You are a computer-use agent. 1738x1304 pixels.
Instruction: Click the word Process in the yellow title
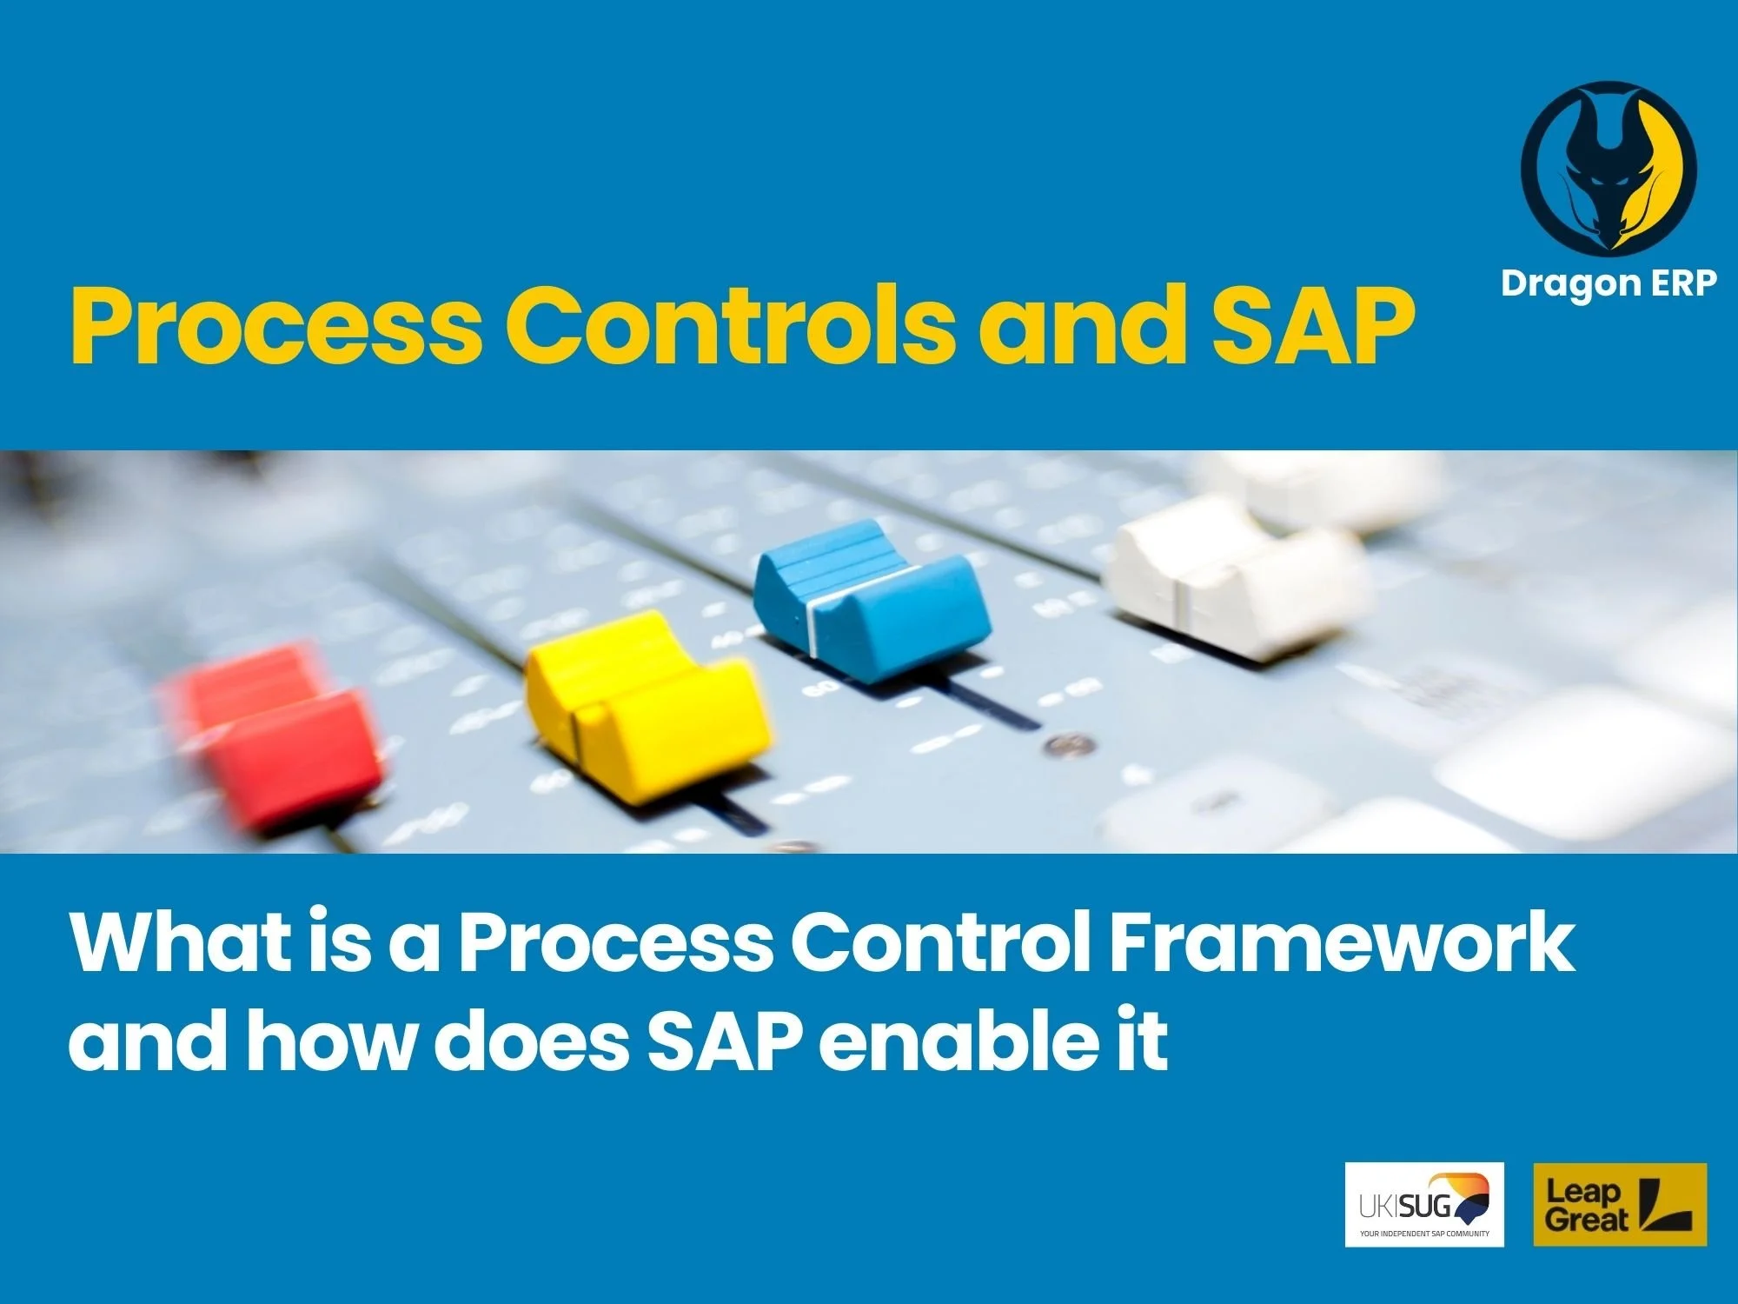(275, 325)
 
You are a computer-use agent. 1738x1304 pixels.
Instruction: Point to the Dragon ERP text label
(1608, 283)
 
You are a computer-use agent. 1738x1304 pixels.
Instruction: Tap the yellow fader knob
(647, 704)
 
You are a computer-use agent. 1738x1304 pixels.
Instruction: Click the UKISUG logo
(1424, 1205)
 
